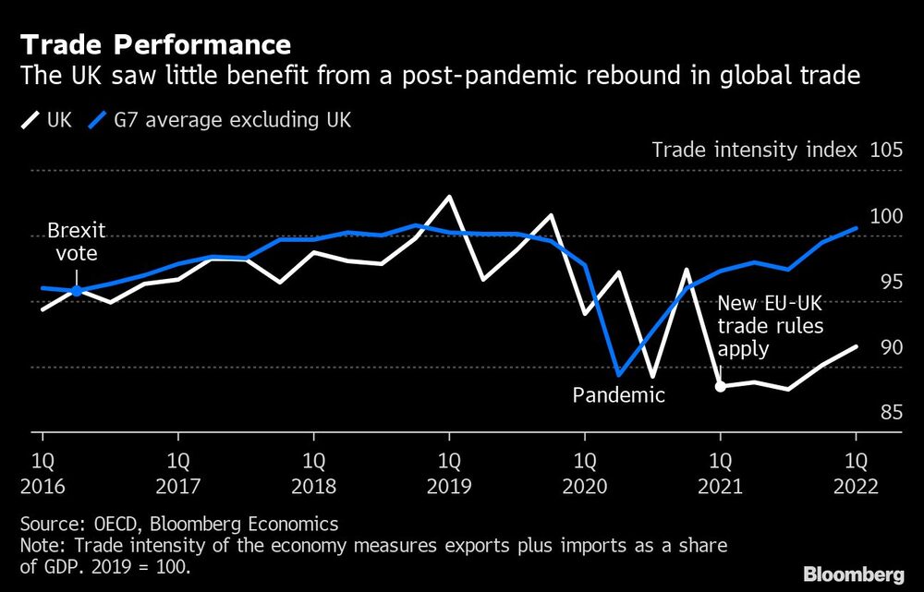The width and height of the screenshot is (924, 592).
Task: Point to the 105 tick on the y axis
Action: (x=885, y=150)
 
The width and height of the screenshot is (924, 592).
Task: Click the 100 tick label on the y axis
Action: (x=885, y=216)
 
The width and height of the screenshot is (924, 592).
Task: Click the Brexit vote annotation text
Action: (x=77, y=242)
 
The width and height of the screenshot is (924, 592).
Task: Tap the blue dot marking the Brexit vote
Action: (x=77, y=291)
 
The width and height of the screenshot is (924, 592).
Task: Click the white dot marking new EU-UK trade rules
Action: (x=721, y=386)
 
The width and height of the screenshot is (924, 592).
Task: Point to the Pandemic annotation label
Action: (x=618, y=395)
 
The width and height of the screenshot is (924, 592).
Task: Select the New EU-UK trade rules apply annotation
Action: (x=770, y=326)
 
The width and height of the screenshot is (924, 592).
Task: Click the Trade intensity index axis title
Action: (x=754, y=150)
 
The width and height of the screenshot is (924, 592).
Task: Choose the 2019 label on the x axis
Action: (x=449, y=487)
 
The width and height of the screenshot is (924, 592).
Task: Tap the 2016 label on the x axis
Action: (x=42, y=487)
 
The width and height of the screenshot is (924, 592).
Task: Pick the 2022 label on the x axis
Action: (x=857, y=487)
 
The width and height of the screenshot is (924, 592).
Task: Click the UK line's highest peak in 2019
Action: (x=449, y=197)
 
